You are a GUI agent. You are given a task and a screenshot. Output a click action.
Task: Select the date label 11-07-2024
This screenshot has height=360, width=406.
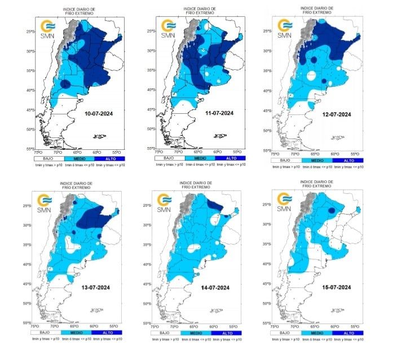coord(219,113)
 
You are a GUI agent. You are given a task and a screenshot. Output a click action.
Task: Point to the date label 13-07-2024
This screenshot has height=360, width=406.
coord(95,287)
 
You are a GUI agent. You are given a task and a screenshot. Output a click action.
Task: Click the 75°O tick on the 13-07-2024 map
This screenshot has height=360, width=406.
coord(34,326)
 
